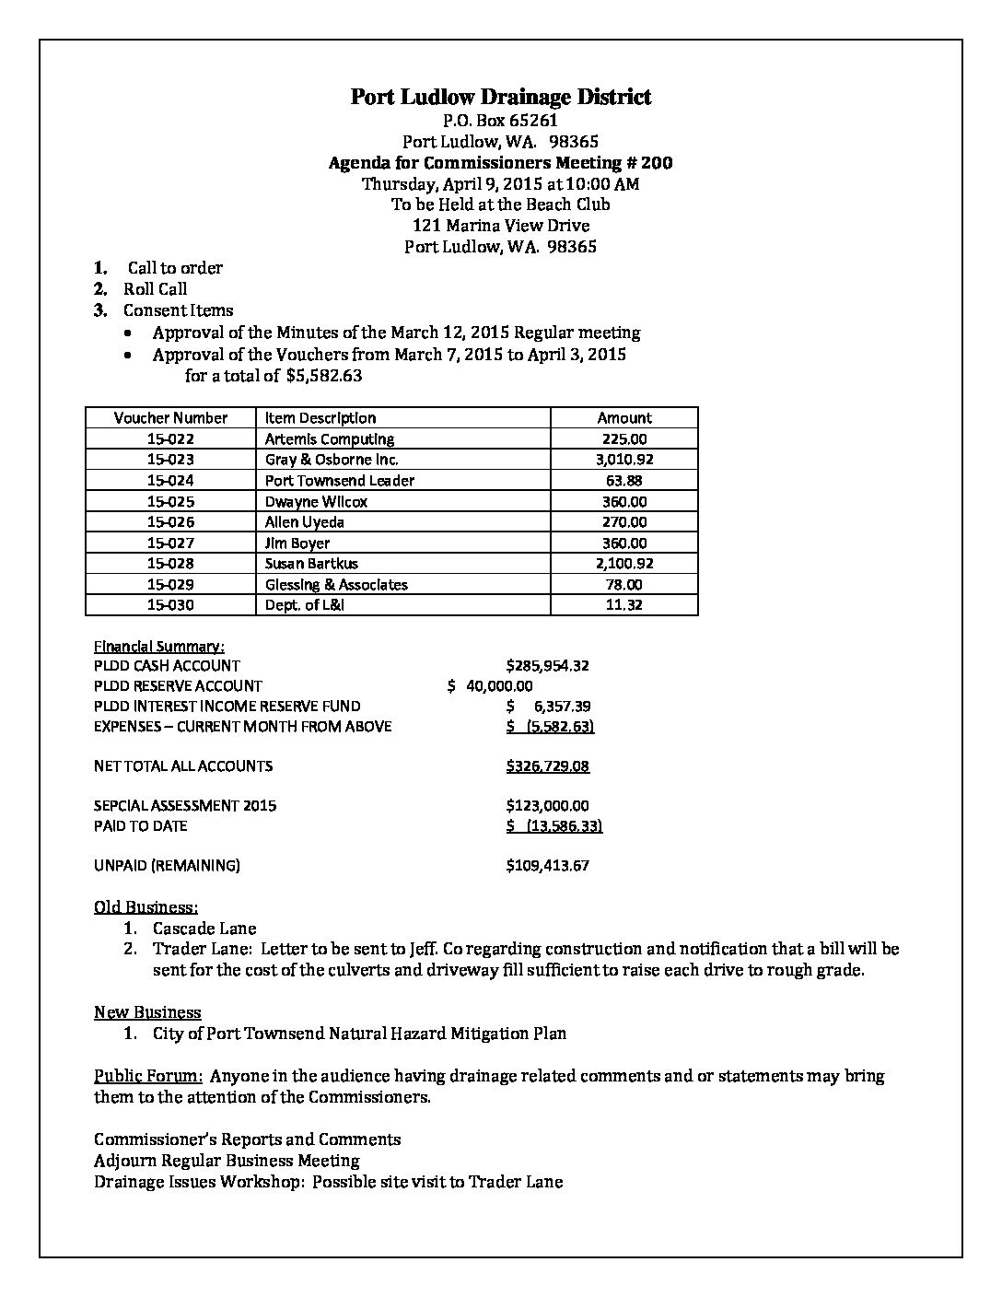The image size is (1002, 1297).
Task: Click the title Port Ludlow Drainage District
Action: [x=500, y=97]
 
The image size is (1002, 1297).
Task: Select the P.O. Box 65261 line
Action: [x=500, y=120]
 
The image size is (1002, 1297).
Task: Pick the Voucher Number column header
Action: [x=170, y=418]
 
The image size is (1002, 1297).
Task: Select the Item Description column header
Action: [x=320, y=418]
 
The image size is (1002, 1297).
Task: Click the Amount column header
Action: [x=623, y=418]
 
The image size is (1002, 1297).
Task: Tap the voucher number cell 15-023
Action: [x=170, y=460]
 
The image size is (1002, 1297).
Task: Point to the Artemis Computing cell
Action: [x=329, y=439]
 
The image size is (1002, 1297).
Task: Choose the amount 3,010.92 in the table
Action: [x=623, y=460]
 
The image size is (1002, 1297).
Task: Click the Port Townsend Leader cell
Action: [x=339, y=481]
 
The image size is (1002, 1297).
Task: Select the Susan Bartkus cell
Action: [x=311, y=564]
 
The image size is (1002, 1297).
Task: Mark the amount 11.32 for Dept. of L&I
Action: [x=623, y=605]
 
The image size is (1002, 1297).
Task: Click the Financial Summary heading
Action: [x=158, y=646]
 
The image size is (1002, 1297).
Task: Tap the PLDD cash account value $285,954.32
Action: [x=547, y=666]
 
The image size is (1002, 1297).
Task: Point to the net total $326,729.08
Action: [x=547, y=766]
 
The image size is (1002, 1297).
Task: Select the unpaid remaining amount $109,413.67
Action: [x=547, y=866]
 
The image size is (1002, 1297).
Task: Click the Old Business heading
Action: [x=146, y=907]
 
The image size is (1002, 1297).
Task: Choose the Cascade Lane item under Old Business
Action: [x=204, y=929]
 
